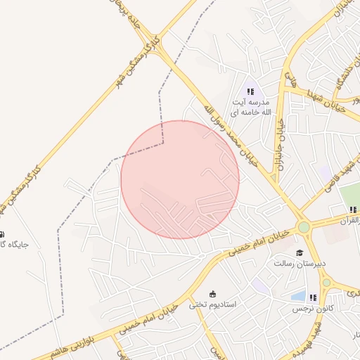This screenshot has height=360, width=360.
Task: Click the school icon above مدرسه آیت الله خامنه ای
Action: (x=250, y=91)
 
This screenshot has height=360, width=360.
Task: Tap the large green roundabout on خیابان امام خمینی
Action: (x=304, y=227)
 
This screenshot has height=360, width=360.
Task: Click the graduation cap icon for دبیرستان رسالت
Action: (x=300, y=252)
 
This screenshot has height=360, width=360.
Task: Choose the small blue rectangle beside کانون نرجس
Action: (x=298, y=297)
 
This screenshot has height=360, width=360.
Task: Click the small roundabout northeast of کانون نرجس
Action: (x=326, y=282)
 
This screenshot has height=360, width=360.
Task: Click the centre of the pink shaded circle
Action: (x=180, y=180)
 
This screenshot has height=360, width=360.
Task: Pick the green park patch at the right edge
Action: (x=349, y=195)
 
